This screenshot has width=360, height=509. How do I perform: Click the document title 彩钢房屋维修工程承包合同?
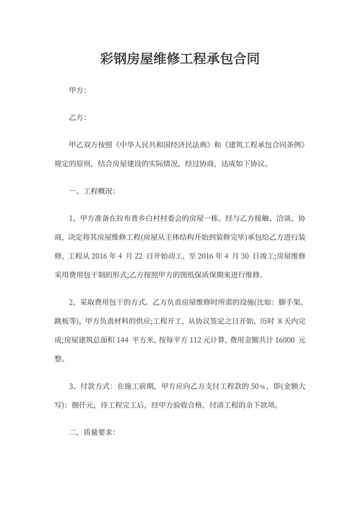pos(179,61)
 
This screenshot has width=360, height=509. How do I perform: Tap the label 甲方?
pos(78,91)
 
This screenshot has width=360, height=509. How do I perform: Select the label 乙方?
pos(78,118)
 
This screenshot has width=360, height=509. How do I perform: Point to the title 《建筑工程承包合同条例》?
pos(269,146)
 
